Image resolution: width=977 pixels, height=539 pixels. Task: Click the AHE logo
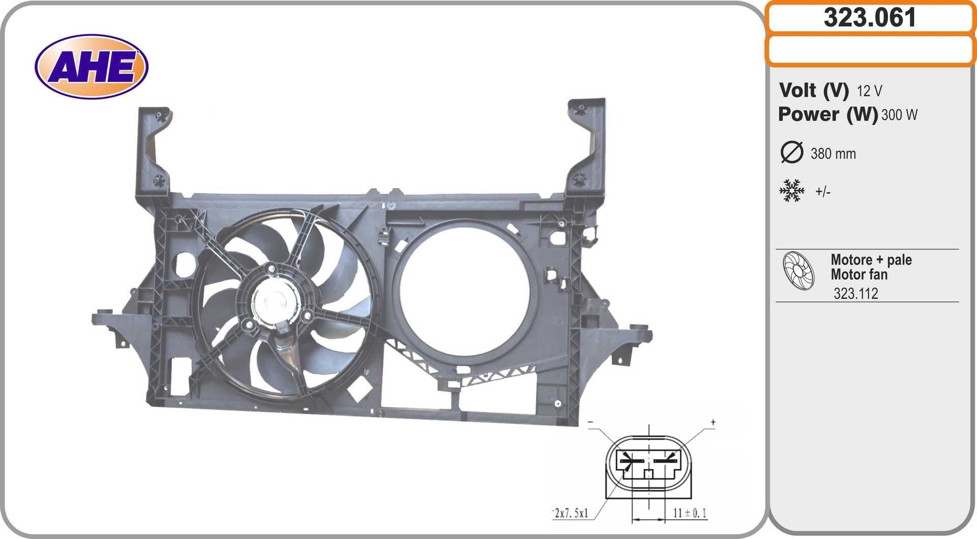pos(92,67)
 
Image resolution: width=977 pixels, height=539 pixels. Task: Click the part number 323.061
pos(870,18)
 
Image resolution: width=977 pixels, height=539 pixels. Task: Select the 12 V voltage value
pos(869,91)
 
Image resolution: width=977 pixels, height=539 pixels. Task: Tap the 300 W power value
pos(899,115)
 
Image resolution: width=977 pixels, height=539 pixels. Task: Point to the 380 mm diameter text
pos(833,154)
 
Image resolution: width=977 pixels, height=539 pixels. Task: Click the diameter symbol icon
pos(791,152)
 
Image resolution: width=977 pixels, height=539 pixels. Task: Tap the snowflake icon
pos(792,191)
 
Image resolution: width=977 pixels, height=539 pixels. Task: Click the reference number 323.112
pos(855,293)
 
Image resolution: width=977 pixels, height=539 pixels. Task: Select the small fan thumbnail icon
pos(798,271)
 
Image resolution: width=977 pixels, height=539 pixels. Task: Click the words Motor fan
pos(859,275)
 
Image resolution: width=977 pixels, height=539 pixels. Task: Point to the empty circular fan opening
pos(464,292)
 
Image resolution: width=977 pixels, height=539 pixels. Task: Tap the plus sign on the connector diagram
pos(713,422)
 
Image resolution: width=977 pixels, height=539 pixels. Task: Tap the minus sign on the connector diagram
pos(590,422)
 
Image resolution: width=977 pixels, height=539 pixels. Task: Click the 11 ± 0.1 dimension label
pos(689,513)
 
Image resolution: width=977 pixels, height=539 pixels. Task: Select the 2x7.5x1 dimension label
pos(571,513)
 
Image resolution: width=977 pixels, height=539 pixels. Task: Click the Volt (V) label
pos(814,91)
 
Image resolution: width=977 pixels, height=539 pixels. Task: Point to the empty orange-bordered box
pos(870,50)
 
